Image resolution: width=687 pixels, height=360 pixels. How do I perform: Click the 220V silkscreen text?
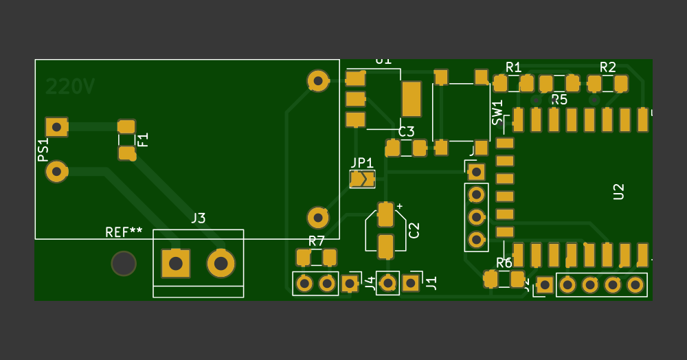70,87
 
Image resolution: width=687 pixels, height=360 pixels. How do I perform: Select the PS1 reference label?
43,150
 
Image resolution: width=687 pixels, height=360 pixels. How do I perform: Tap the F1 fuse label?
143,139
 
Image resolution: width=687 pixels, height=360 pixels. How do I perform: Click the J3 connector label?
198,218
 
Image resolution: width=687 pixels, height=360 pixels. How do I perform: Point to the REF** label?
124,232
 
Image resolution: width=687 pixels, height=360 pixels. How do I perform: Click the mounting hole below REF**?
124,263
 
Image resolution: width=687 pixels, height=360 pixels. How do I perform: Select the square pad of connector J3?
175,263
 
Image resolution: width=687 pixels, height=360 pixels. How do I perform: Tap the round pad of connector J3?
221,263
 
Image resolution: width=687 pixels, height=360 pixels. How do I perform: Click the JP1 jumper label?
362,163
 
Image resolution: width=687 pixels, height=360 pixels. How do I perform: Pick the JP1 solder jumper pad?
362,179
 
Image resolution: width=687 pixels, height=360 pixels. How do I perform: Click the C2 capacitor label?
414,230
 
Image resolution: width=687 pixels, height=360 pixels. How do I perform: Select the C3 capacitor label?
406,131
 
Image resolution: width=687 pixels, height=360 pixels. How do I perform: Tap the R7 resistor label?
316,241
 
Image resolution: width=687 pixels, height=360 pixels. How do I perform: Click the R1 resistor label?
513,67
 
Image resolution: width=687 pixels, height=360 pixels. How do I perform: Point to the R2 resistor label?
607,67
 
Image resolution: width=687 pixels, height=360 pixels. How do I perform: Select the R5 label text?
559,100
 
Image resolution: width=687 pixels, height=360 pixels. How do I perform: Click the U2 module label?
618,192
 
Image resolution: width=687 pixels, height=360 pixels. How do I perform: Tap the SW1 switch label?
497,113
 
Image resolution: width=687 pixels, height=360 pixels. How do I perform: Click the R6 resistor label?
504,263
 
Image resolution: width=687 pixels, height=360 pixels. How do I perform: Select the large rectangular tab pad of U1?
411,99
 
